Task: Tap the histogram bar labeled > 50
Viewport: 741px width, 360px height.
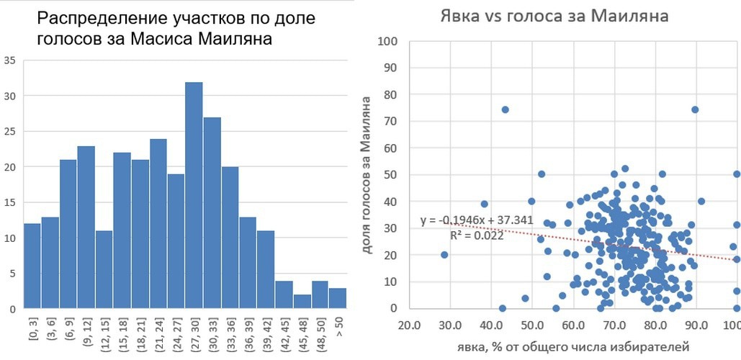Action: [338, 298]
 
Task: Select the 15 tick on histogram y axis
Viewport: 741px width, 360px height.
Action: [8, 202]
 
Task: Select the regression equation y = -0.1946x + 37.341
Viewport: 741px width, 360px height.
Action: [477, 220]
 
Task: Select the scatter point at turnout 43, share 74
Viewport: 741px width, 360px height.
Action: [505, 109]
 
